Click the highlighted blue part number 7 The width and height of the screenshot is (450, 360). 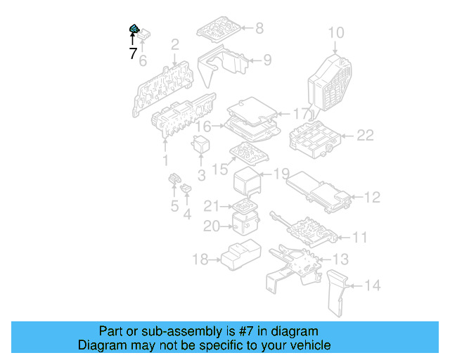[133, 29]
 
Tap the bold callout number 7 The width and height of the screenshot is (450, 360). [133, 53]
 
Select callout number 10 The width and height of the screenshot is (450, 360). [336, 32]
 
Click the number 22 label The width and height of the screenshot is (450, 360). [364, 135]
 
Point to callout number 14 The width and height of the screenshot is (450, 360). [372, 285]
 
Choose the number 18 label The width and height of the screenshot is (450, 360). [200, 260]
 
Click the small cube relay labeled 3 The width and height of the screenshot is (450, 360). [202, 144]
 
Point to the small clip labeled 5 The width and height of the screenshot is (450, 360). [172, 184]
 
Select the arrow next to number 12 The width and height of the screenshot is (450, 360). [354, 197]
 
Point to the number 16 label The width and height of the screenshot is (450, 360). [203, 127]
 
